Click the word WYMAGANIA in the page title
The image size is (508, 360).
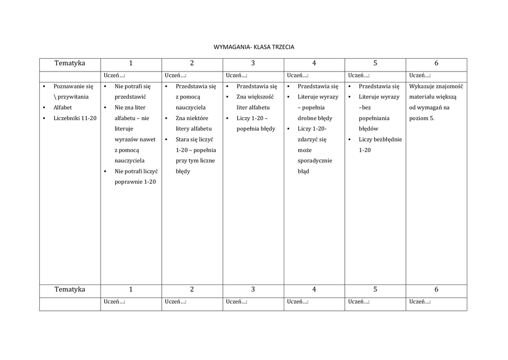pos(232,47)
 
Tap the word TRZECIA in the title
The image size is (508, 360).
pos(283,47)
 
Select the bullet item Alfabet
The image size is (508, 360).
pos(63,107)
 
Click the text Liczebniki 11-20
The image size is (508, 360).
pos(75,118)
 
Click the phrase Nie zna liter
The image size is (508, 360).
pos(130,107)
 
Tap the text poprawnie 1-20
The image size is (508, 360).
pos(135,182)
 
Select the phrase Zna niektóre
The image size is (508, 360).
pos(192,118)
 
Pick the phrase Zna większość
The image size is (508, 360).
pos(255,97)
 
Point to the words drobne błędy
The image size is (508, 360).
pos(315,118)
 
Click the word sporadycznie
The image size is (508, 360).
pos(315,160)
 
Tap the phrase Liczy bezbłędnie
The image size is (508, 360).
pos(380,140)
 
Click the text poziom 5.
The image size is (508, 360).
pos(422,118)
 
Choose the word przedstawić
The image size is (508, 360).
pos(130,97)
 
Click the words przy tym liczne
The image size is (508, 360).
pos(193,160)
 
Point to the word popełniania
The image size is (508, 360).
pos(374,118)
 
